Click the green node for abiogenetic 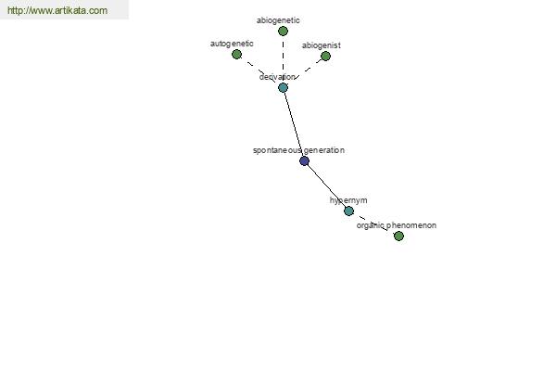[x=283, y=32]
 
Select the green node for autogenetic [x=236, y=55]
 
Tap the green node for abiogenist [x=325, y=56]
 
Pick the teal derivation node [x=283, y=88]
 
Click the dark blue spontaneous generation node [x=304, y=161]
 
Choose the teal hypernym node [x=348, y=211]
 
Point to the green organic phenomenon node [x=398, y=236]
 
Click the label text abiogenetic [x=278, y=20]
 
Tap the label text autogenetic [x=232, y=44]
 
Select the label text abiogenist [x=322, y=45]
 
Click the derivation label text [x=277, y=77]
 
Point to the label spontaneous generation [x=298, y=150]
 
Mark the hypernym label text [x=348, y=200]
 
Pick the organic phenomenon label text [x=396, y=225]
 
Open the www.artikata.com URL [x=57, y=10]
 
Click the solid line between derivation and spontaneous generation [x=294, y=124]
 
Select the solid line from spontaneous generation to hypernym [x=326, y=186]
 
